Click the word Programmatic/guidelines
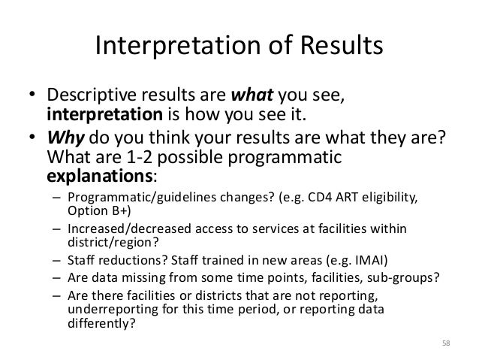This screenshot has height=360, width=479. coord(125,198)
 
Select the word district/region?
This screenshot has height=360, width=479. coord(101,243)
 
